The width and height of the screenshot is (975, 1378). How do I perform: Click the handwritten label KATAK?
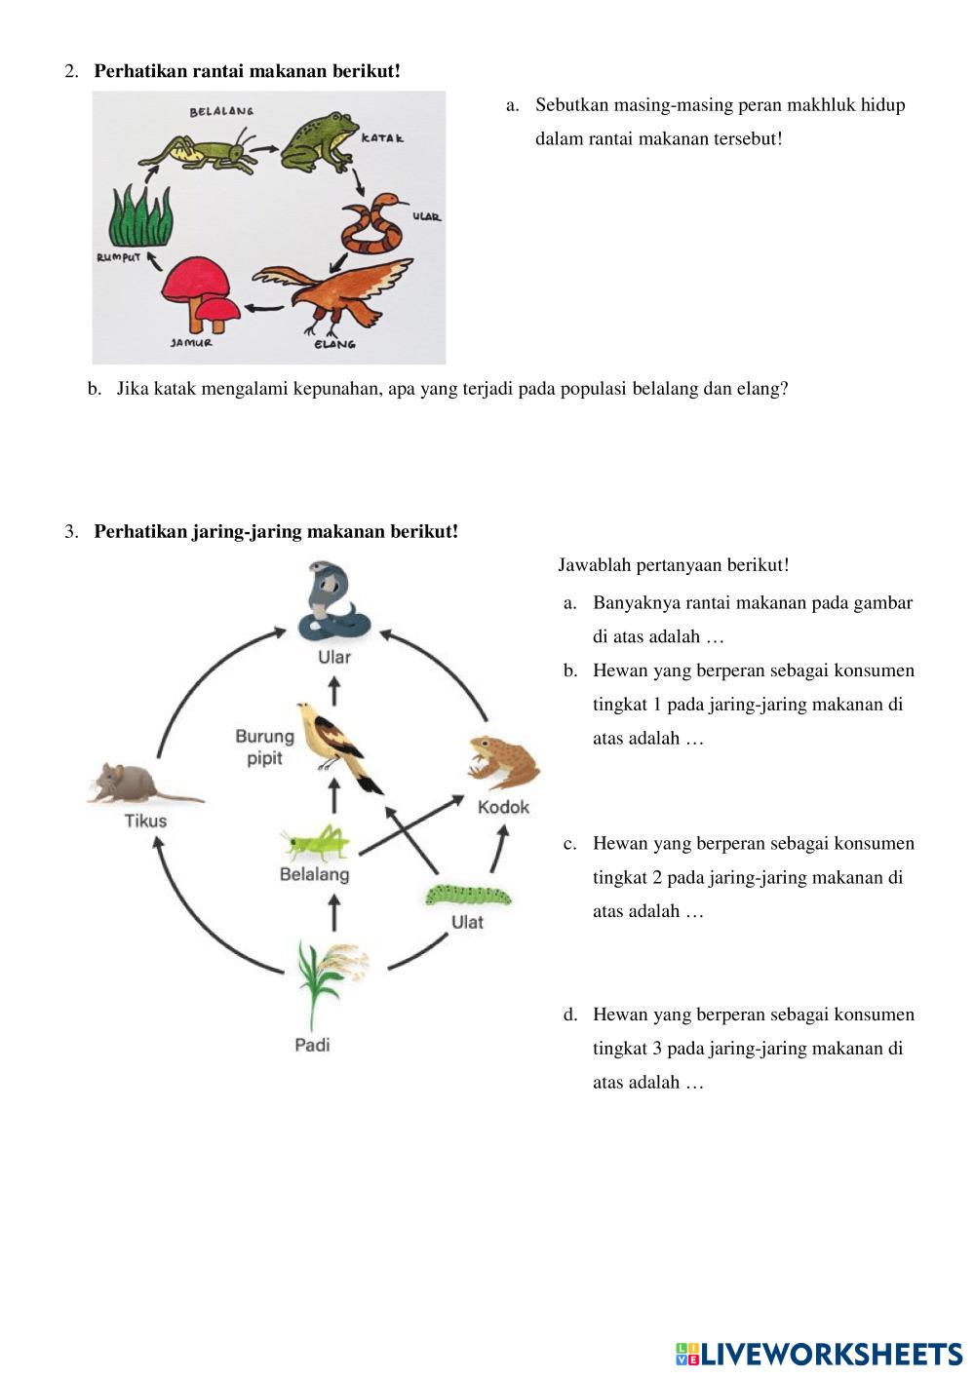pos(383,138)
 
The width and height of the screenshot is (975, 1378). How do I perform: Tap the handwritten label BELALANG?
pos(221,112)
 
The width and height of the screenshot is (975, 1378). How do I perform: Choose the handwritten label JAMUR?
pos(191,343)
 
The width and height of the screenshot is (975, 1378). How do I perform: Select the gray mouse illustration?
pos(136,784)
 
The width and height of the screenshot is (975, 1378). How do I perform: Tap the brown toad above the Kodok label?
pos(503,760)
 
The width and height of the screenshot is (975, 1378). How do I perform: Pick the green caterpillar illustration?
pos(467,894)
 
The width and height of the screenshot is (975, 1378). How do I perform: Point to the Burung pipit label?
pos(264,746)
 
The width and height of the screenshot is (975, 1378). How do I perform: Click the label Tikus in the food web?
pos(145,821)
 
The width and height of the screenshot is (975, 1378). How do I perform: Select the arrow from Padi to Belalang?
pos(333,914)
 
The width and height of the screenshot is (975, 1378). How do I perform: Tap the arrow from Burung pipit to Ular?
pos(333,690)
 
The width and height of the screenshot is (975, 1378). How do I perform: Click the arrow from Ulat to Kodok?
pos(498,847)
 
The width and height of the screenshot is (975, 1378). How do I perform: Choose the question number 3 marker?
pos(71,532)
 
